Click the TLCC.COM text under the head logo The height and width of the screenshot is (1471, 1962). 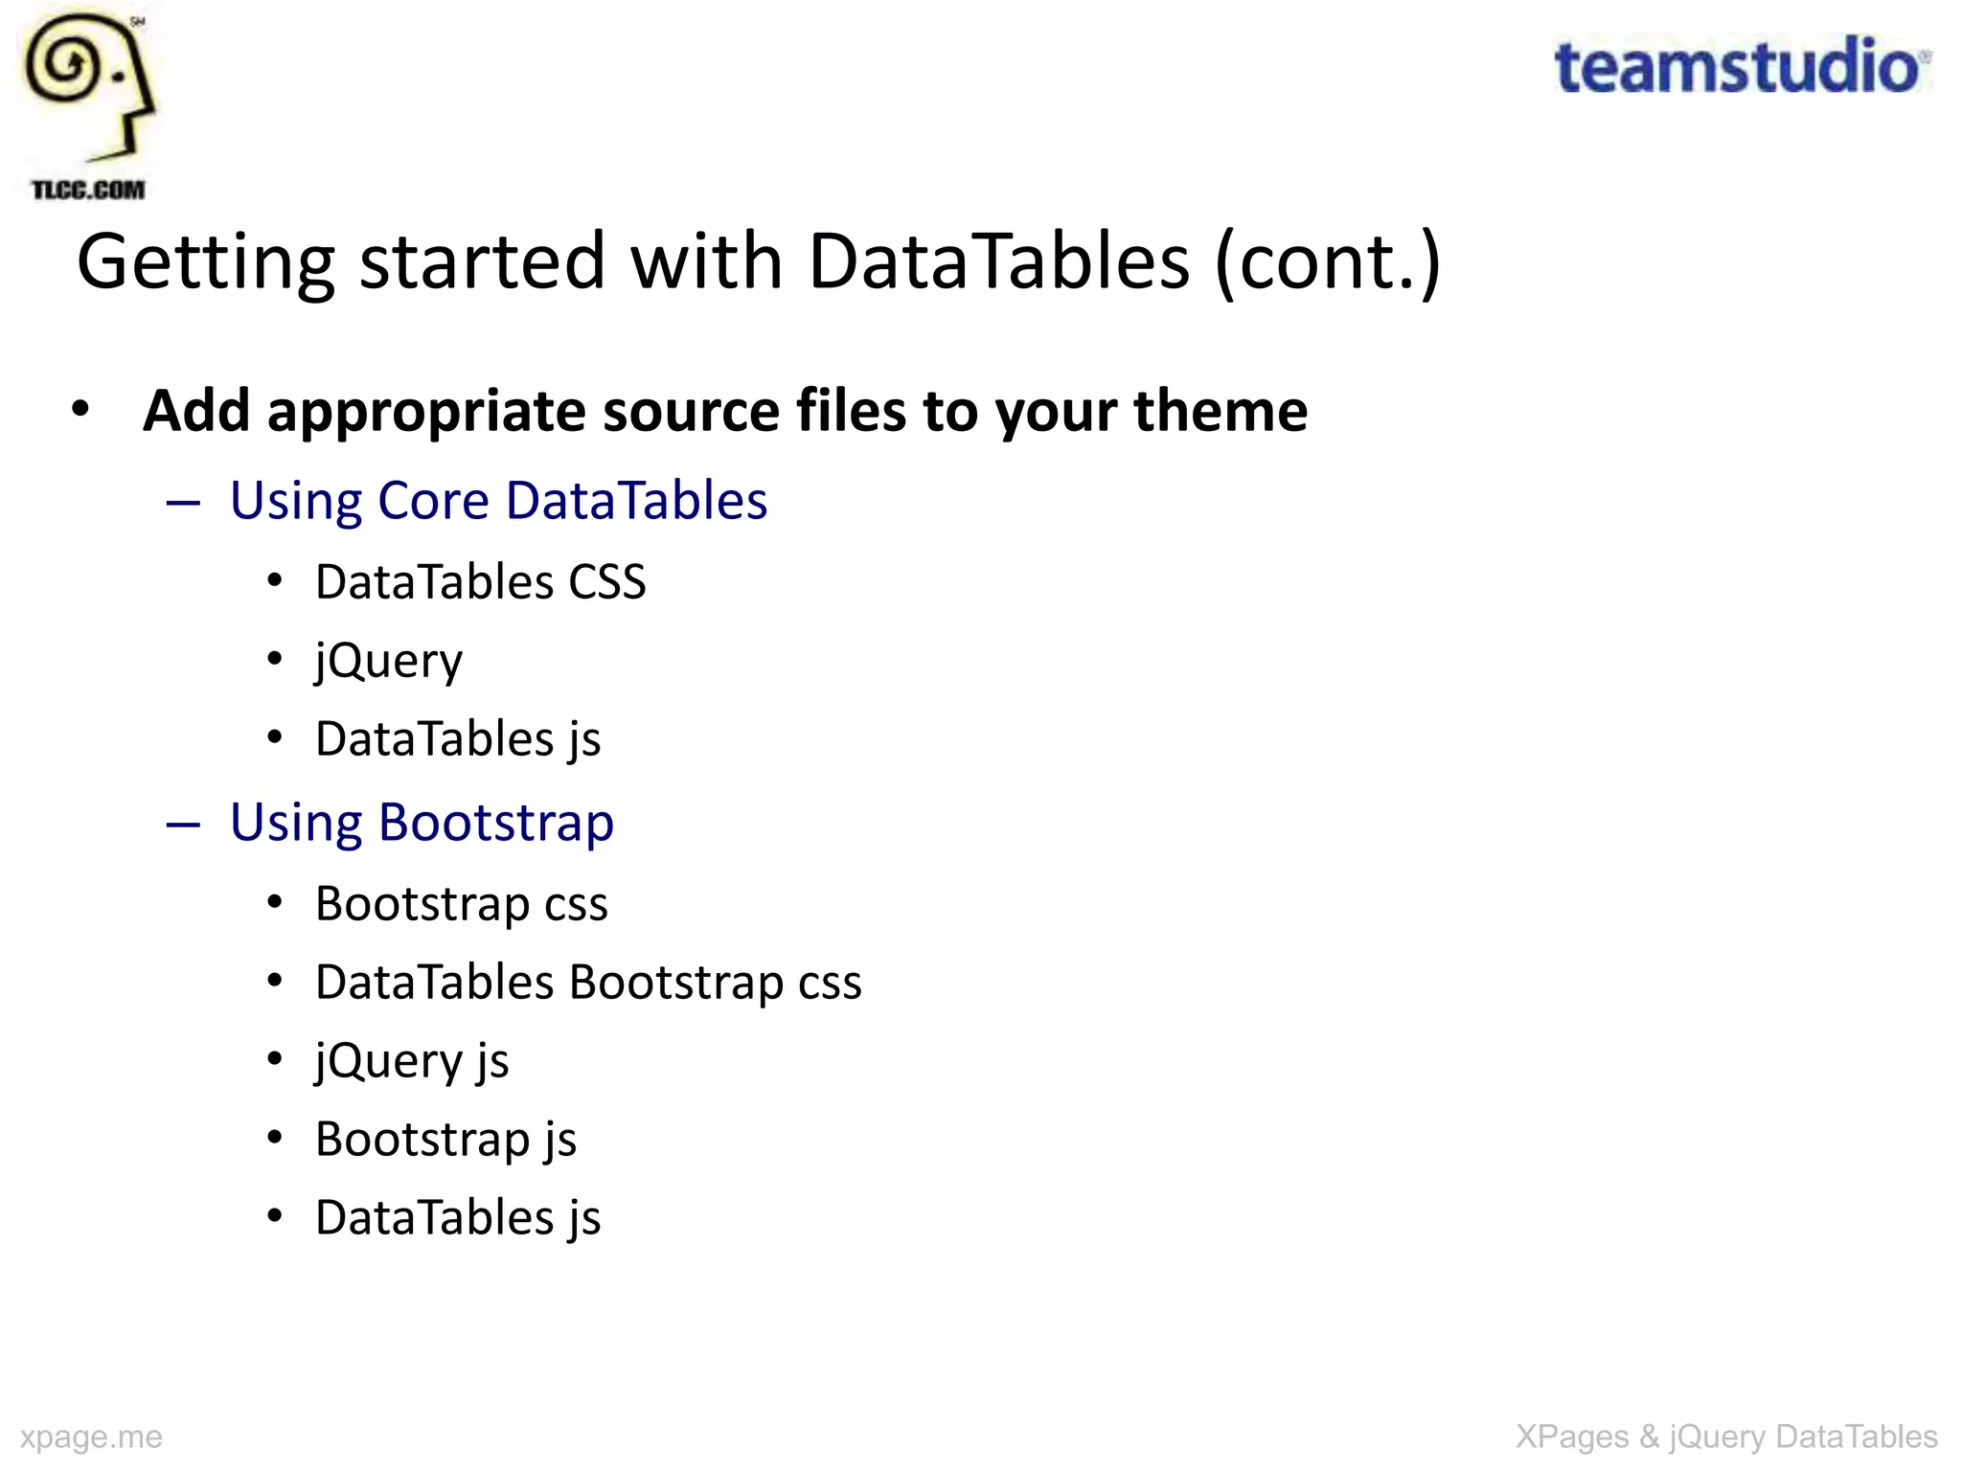click(88, 190)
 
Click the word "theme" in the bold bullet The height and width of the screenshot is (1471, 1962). click(1221, 411)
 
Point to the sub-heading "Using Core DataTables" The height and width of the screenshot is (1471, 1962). click(498, 500)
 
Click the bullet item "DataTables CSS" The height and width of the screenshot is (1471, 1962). click(480, 581)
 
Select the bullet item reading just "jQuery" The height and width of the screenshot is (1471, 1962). click(389, 660)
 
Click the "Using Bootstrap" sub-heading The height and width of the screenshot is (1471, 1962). click(422, 822)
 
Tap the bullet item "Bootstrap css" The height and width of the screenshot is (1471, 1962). click(461, 903)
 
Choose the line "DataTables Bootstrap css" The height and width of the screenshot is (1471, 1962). click(588, 982)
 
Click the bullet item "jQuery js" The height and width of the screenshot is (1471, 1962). click(412, 1060)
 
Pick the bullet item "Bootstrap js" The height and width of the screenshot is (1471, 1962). click(445, 1139)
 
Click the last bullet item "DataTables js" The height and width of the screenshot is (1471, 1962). click(458, 1217)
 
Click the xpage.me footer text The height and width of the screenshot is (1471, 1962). click(91, 1437)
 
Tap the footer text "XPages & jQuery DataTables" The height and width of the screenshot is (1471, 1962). click(1726, 1437)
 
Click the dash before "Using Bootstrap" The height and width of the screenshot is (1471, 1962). click(183, 824)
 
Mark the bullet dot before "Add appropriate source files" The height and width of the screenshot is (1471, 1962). click(81, 409)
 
